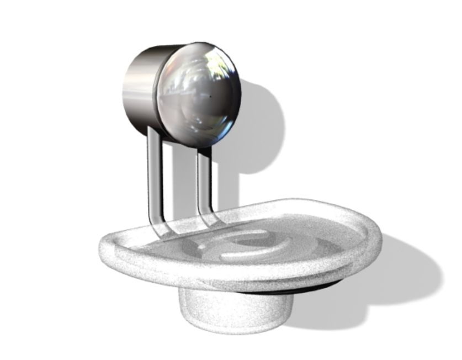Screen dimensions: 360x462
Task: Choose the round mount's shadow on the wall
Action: tap(262, 127)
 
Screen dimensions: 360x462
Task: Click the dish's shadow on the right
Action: tap(408, 271)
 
